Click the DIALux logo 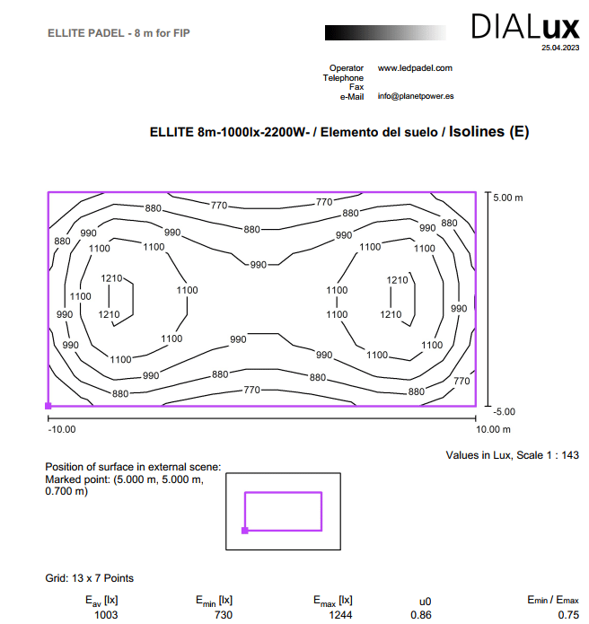pyautogui.click(x=526, y=27)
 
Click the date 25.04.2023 pyautogui.click(x=560, y=48)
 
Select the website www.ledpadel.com pyautogui.click(x=415, y=68)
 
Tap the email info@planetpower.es pyautogui.click(x=415, y=96)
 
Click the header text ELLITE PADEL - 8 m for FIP pyautogui.click(x=119, y=33)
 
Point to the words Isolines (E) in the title pyautogui.click(x=488, y=132)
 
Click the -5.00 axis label pyautogui.click(x=504, y=412)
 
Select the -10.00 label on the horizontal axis pyautogui.click(x=61, y=430)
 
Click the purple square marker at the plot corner pyautogui.click(x=48, y=407)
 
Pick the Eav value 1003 pyautogui.click(x=105, y=615)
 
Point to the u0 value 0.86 pyautogui.click(x=420, y=615)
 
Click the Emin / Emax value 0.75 pyautogui.click(x=567, y=615)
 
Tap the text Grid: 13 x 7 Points pyautogui.click(x=89, y=578)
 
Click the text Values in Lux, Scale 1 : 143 pyautogui.click(x=512, y=455)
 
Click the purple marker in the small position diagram pyautogui.click(x=244, y=531)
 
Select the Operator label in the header pyautogui.click(x=347, y=68)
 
